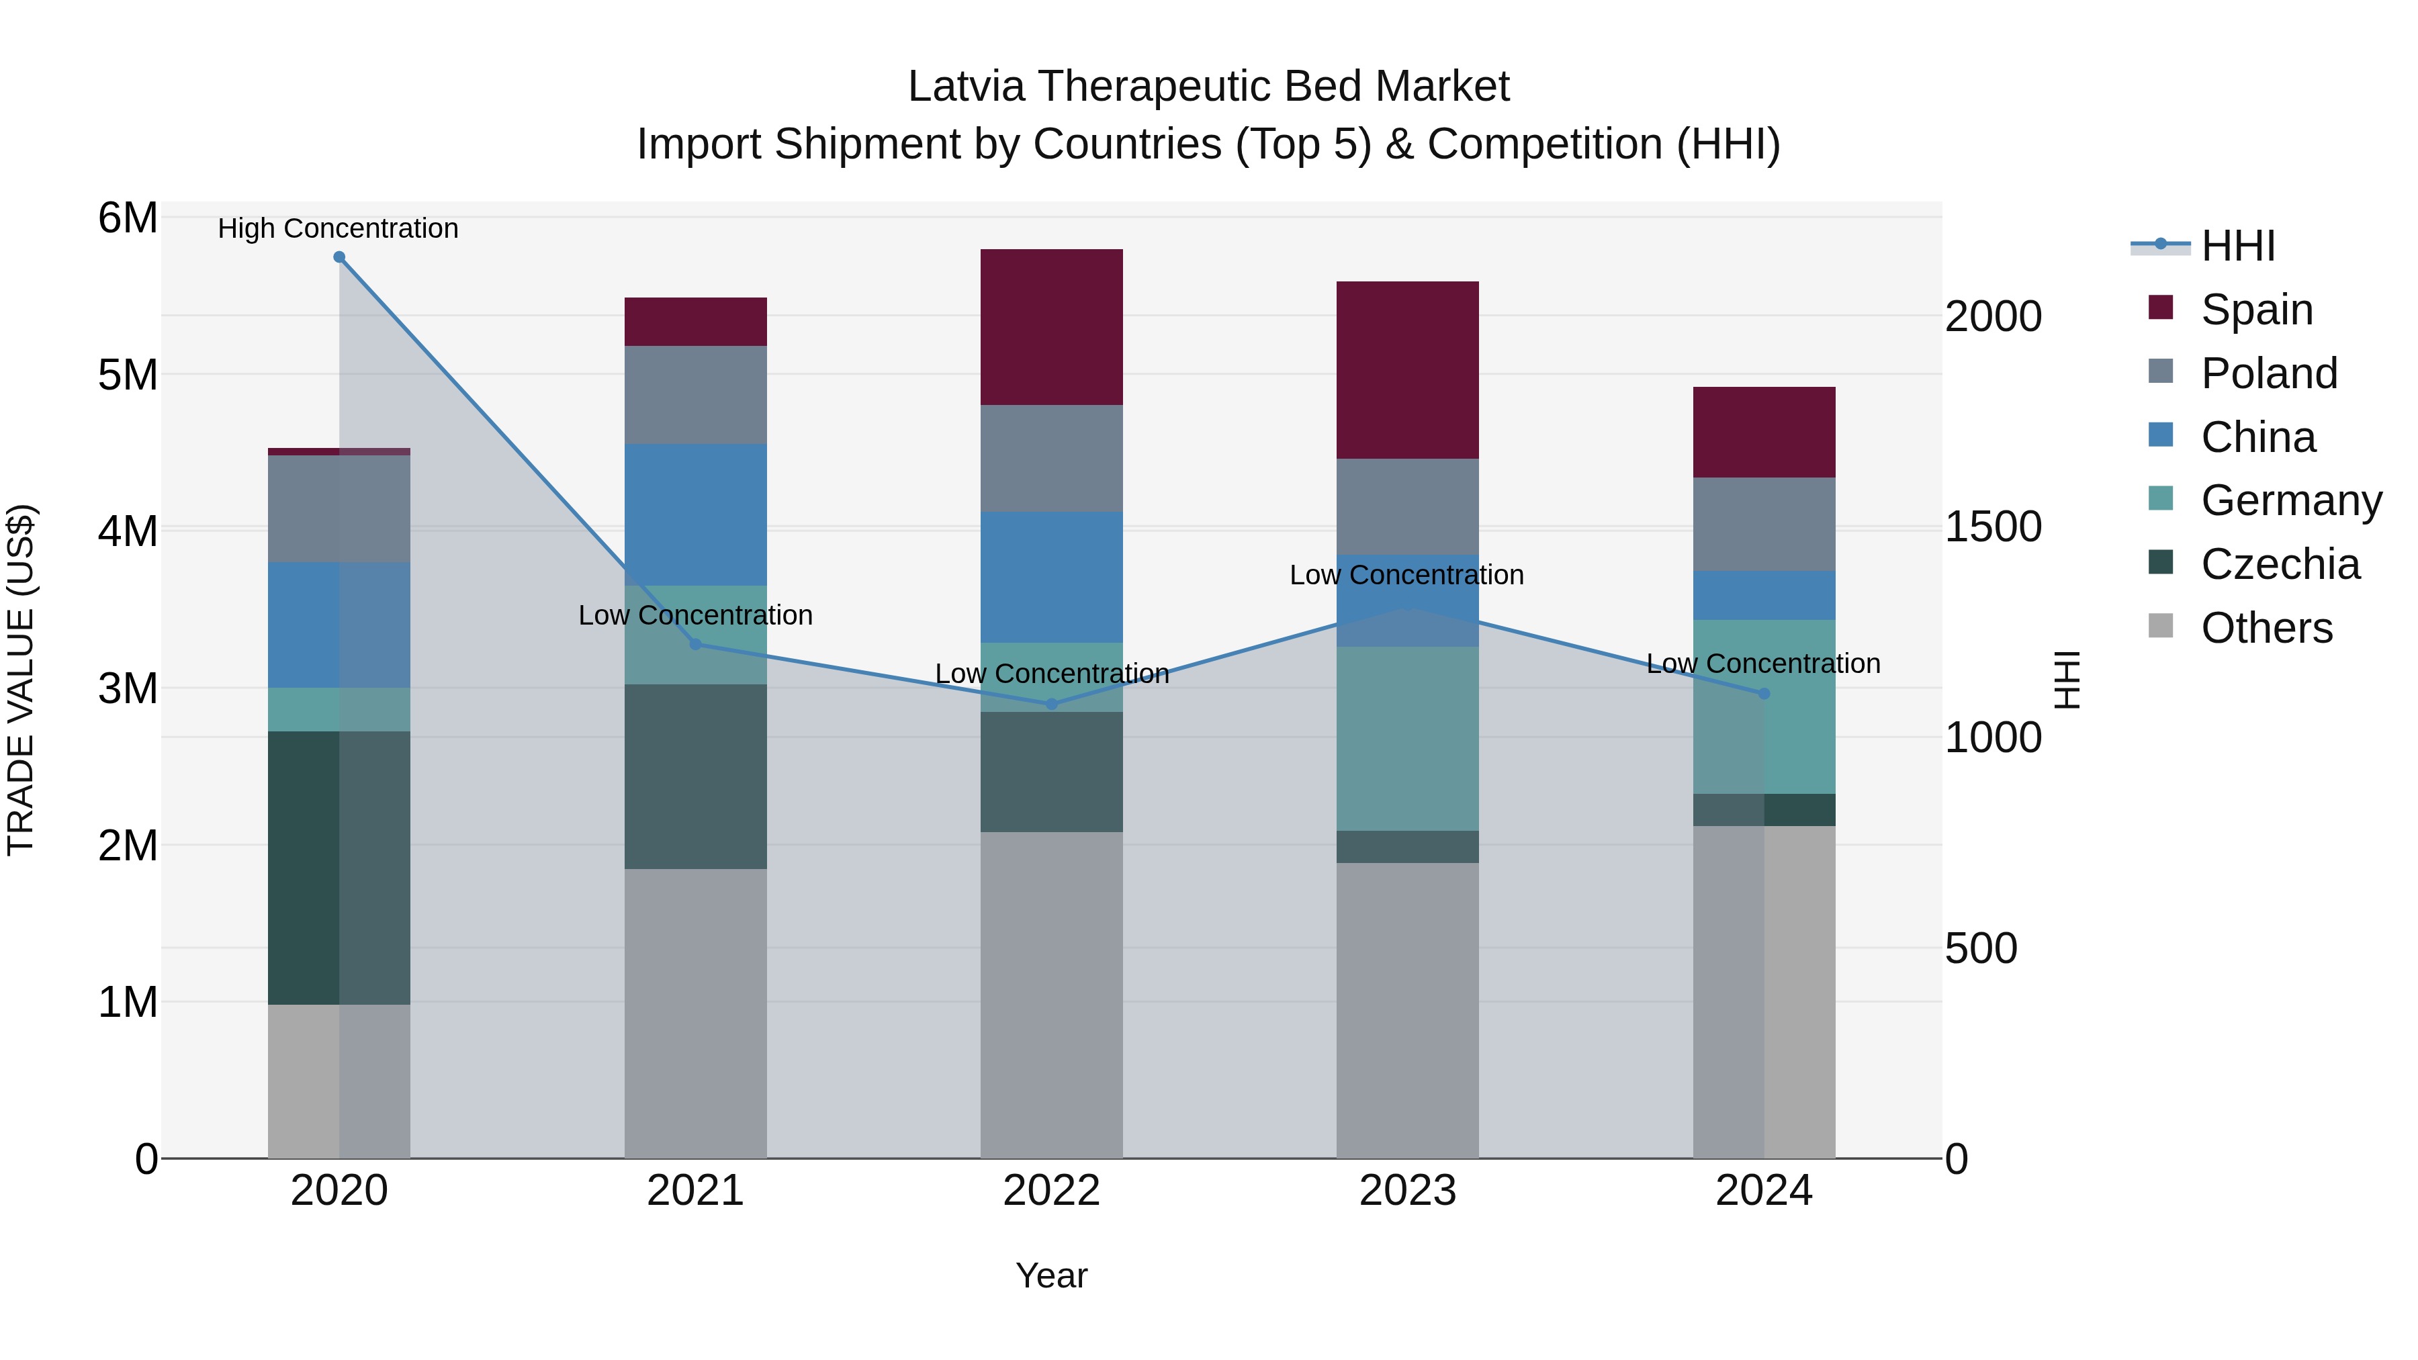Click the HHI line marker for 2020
(x=339, y=257)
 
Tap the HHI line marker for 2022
(x=1051, y=704)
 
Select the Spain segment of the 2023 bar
(x=1407, y=370)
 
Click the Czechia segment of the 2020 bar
(x=339, y=868)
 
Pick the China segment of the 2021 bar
(x=696, y=514)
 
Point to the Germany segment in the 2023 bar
(x=1407, y=739)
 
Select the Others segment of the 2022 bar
(x=1051, y=995)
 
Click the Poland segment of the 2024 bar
(x=1764, y=524)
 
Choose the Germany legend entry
(x=2290, y=500)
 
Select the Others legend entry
(x=2266, y=628)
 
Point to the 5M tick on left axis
(x=128, y=375)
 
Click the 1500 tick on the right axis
(x=1992, y=527)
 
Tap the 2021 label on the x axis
(x=696, y=1191)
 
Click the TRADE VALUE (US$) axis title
(x=21, y=680)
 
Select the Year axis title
(x=1051, y=1275)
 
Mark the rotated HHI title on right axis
(x=2067, y=680)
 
